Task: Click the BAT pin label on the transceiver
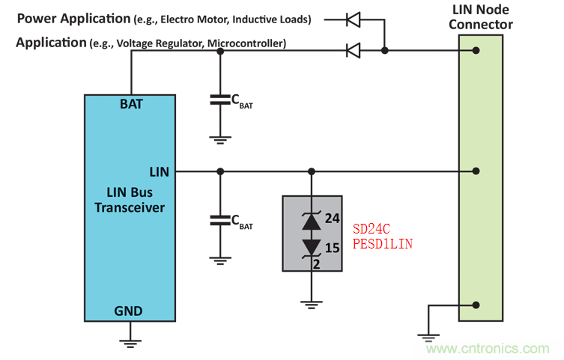131,104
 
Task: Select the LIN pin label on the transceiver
159,172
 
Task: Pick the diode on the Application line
353,50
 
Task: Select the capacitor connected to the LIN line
219,220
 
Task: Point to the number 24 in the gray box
333,218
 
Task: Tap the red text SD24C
372,229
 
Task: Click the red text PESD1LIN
383,244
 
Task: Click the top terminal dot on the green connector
476,51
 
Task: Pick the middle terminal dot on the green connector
476,171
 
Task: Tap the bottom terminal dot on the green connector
476,305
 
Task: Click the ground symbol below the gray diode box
311,304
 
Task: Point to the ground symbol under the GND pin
130,342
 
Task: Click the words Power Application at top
73,18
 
